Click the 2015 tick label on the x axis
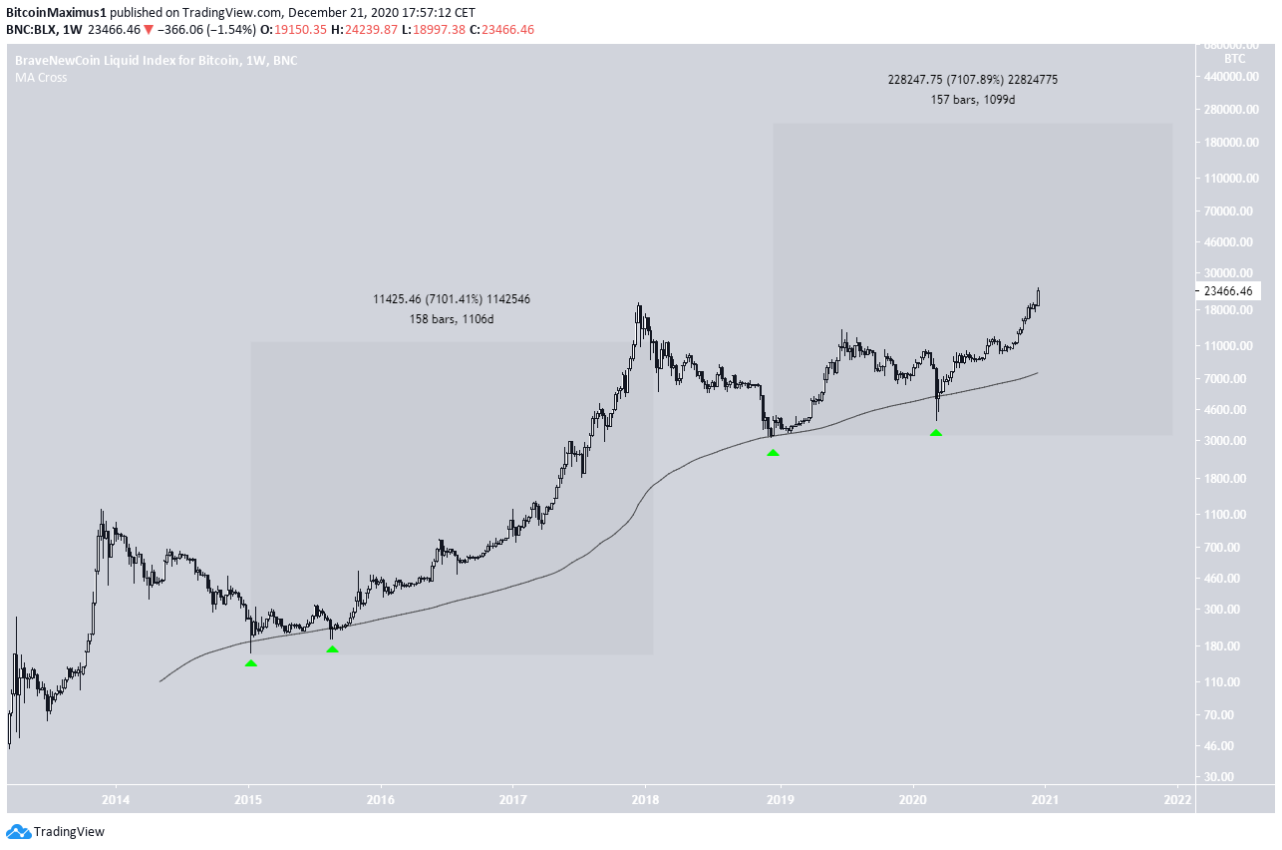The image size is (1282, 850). pyautogui.click(x=248, y=798)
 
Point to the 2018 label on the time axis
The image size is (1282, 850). pyautogui.click(x=646, y=798)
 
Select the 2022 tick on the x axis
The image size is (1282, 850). pyautogui.click(x=1177, y=798)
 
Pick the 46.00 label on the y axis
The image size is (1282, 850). pyautogui.click(x=1231, y=746)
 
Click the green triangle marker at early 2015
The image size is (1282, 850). pyautogui.click(x=251, y=662)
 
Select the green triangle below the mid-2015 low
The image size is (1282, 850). pyautogui.click(x=332, y=649)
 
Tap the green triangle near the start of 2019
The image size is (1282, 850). pyautogui.click(x=773, y=453)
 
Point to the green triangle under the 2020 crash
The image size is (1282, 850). pyautogui.click(x=936, y=433)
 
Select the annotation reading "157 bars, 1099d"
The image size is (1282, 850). pyautogui.click(x=966, y=100)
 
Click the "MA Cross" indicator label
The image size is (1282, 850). pyautogui.click(x=41, y=78)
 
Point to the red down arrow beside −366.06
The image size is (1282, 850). pyautogui.click(x=149, y=30)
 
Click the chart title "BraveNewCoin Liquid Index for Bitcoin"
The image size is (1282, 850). pyautogui.click(x=127, y=61)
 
